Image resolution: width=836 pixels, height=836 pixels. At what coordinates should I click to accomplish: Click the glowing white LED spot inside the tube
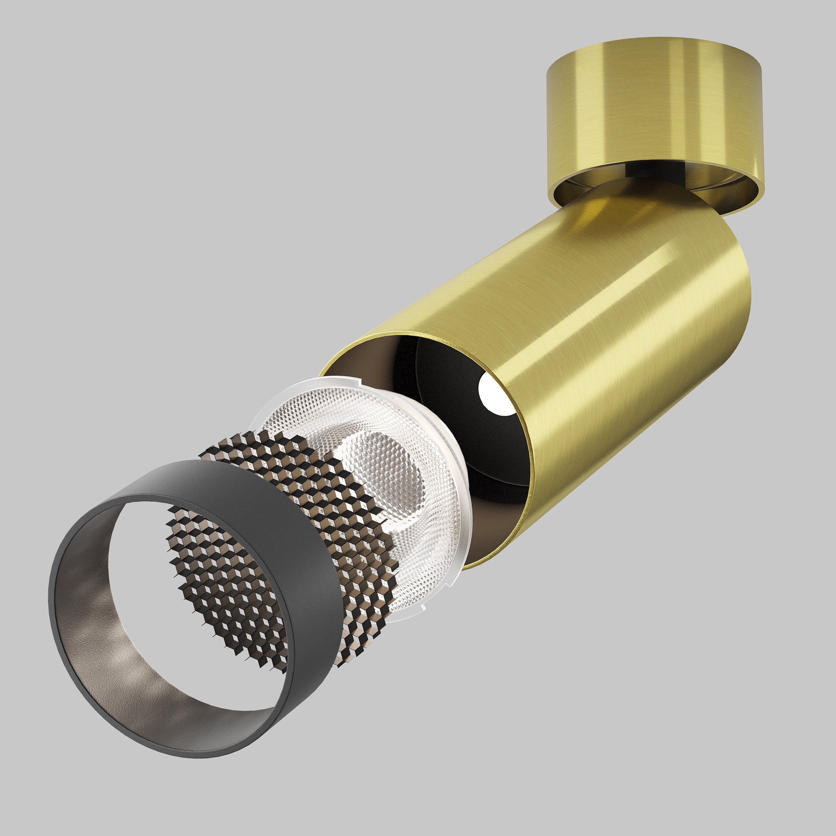(491, 392)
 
